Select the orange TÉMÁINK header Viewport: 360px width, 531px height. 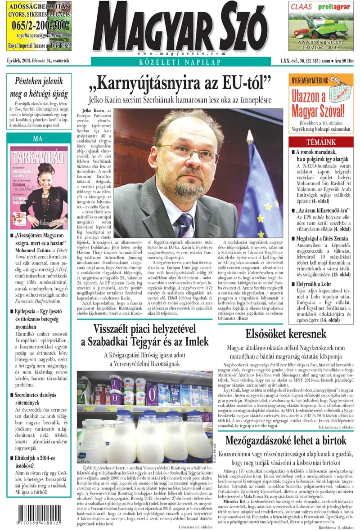tap(320, 142)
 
